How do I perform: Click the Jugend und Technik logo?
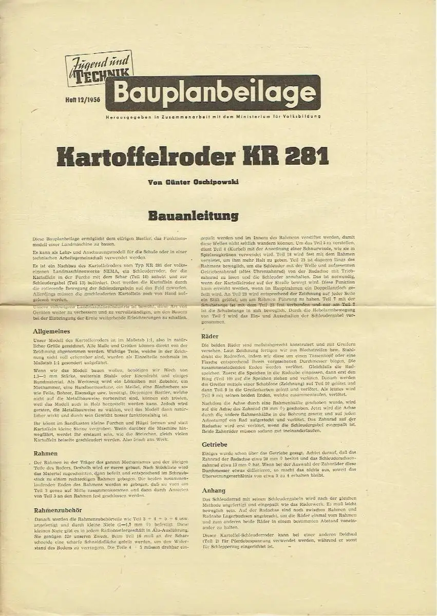[x=99, y=68]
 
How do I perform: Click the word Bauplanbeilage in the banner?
[x=214, y=92]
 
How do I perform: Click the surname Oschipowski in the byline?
[x=213, y=182]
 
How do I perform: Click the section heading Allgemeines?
[x=52, y=331]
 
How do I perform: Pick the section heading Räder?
[x=211, y=336]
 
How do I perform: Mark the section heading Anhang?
[x=213, y=490]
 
